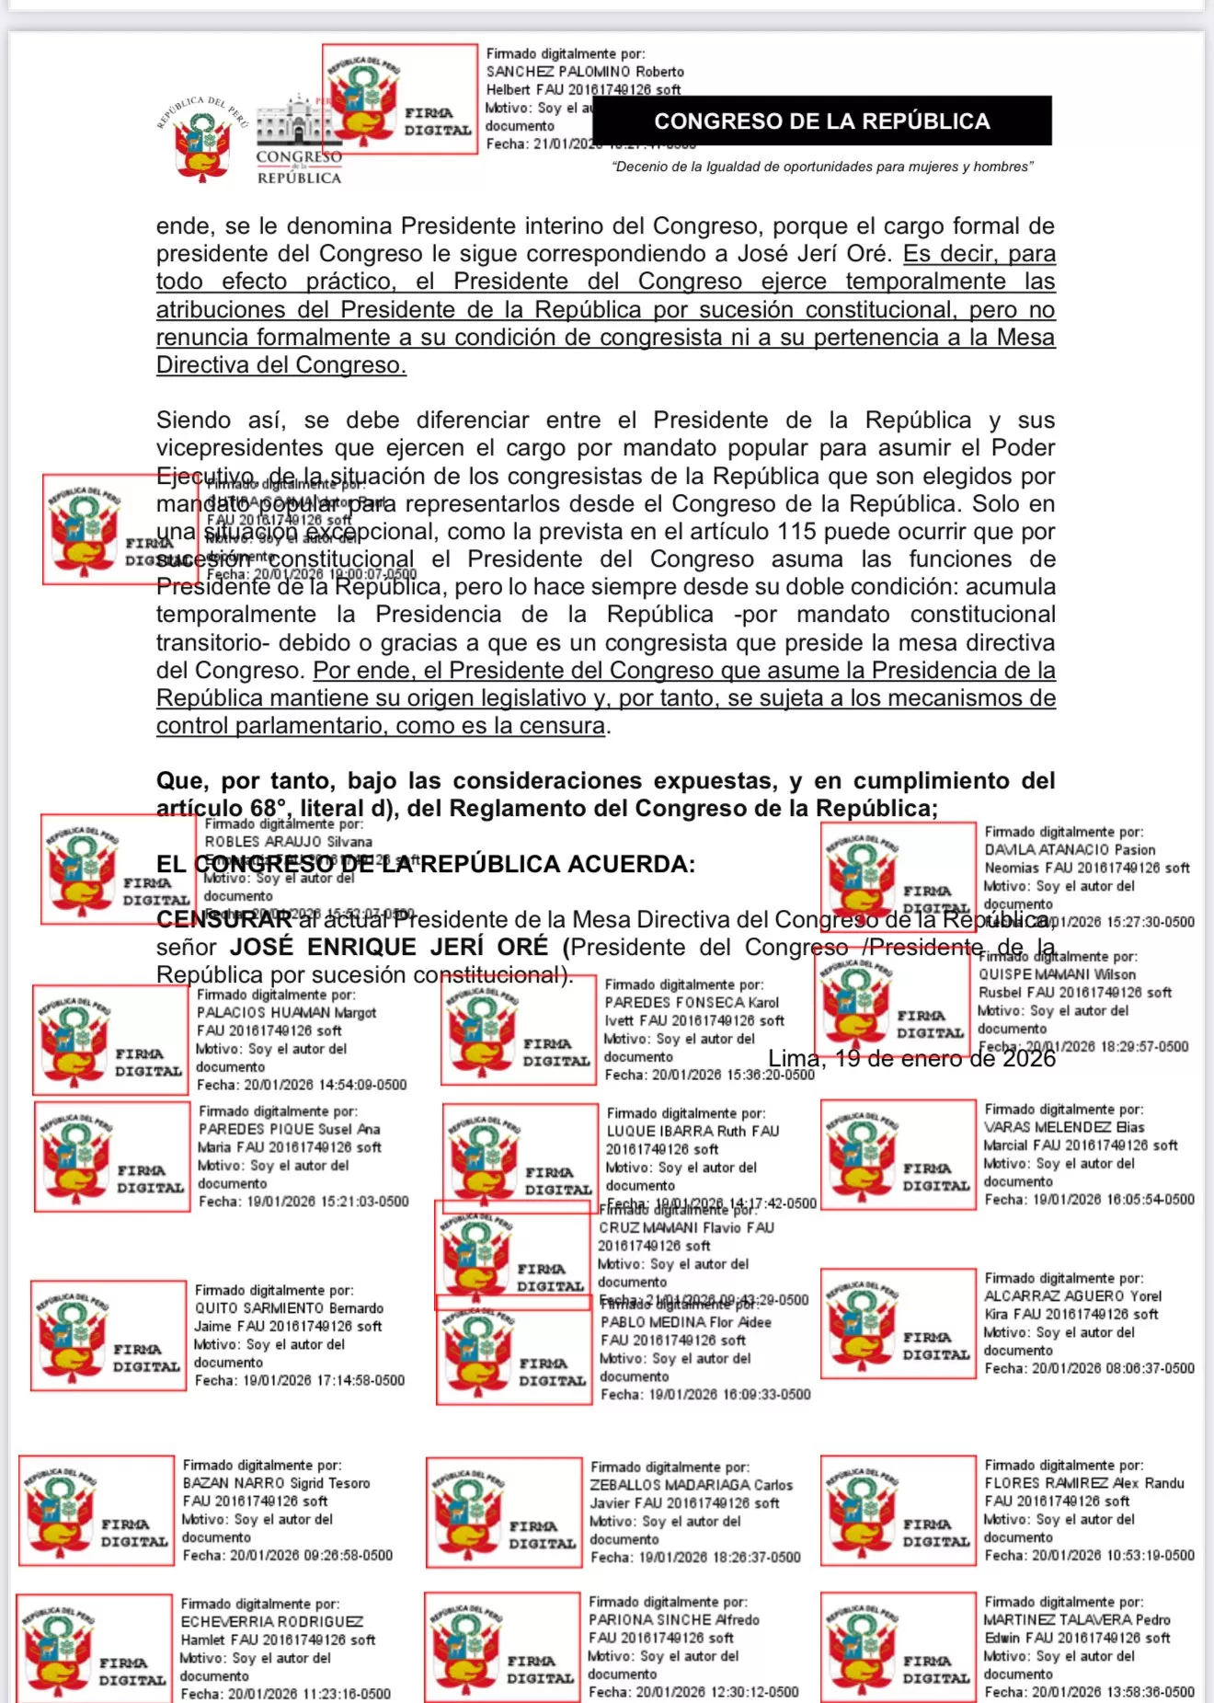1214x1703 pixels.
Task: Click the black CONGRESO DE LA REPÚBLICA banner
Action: click(x=821, y=121)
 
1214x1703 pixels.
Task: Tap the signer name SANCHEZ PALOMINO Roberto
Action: click(x=585, y=72)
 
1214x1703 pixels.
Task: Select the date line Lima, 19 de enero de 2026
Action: click(x=911, y=1059)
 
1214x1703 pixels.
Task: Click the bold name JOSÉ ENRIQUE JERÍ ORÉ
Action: click(x=388, y=947)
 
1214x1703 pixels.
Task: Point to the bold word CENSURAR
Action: click(x=224, y=919)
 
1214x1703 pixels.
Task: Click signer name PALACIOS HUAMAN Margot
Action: click(x=286, y=1013)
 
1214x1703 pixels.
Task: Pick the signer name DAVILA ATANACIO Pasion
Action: click(x=1070, y=850)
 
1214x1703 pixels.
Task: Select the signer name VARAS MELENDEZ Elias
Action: click(x=1064, y=1127)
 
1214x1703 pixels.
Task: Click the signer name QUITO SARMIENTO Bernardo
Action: click(x=289, y=1308)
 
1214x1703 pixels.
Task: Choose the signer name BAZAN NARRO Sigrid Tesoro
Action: click(x=276, y=1483)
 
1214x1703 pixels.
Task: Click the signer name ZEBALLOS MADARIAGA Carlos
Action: click(x=691, y=1485)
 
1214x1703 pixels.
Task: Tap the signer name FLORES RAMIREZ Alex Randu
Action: click(x=1083, y=1483)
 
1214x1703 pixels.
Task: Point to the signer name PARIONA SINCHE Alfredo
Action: click(x=673, y=1619)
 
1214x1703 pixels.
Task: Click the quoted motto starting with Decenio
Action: click(x=822, y=167)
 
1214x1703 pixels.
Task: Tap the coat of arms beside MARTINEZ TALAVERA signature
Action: click(x=861, y=1647)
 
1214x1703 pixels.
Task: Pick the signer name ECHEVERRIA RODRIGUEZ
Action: click(x=271, y=1621)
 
